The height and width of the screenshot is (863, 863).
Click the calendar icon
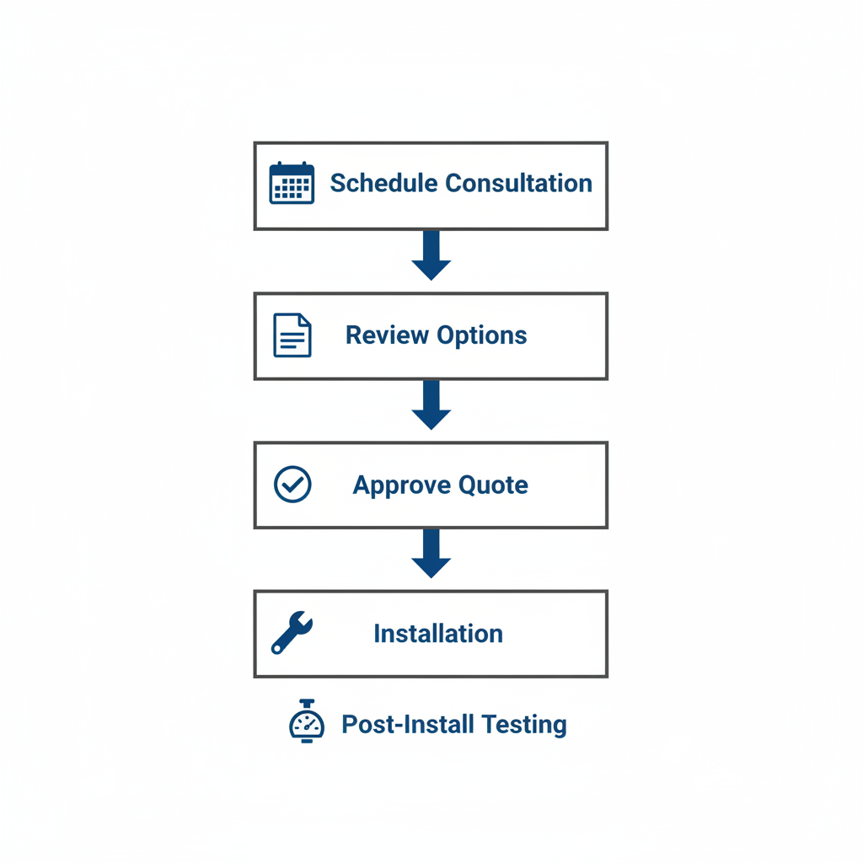click(x=292, y=183)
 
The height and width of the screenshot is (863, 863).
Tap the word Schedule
click(x=383, y=183)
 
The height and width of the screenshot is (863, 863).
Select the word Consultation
click(x=518, y=183)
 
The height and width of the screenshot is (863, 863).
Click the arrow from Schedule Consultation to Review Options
click(x=431, y=255)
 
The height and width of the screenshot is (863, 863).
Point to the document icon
click(x=292, y=335)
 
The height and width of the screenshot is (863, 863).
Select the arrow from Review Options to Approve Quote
click(x=431, y=405)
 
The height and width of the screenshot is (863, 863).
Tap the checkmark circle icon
click(x=292, y=485)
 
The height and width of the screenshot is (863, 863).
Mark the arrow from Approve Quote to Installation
click(x=431, y=553)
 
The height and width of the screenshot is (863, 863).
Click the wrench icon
click(x=292, y=633)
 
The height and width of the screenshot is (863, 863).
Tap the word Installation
click(x=438, y=634)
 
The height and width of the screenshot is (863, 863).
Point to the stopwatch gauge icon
click(x=307, y=722)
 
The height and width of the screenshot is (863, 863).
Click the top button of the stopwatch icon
click(x=307, y=703)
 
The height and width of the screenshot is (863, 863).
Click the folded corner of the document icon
click(x=305, y=320)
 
